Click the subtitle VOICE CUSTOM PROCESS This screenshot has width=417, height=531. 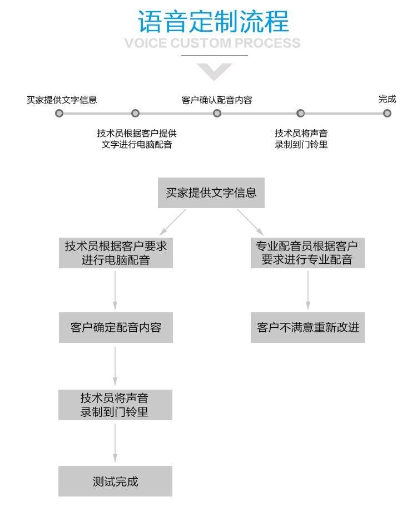(x=212, y=43)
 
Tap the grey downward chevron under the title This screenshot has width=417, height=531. (x=214, y=71)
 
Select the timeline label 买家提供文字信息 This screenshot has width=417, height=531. (x=62, y=100)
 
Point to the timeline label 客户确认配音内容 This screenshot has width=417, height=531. (x=217, y=100)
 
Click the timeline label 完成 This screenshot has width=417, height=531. (x=387, y=99)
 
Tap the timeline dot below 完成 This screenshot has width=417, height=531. (x=387, y=113)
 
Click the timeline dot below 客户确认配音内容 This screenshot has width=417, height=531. (x=217, y=113)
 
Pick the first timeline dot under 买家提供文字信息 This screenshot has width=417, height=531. (x=59, y=113)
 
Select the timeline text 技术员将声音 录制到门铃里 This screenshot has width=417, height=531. (x=301, y=139)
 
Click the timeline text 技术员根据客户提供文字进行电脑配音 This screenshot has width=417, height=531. (x=137, y=139)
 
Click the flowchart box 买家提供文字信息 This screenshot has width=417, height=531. (x=211, y=193)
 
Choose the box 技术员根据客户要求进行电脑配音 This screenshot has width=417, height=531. (x=116, y=253)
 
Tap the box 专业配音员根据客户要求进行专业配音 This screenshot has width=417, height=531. (x=307, y=253)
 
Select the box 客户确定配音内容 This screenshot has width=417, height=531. (x=116, y=327)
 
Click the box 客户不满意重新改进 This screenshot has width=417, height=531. (x=307, y=327)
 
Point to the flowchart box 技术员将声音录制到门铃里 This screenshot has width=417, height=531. (x=115, y=405)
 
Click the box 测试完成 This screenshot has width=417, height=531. (x=115, y=481)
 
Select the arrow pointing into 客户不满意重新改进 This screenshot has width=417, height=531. (x=307, y=289)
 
